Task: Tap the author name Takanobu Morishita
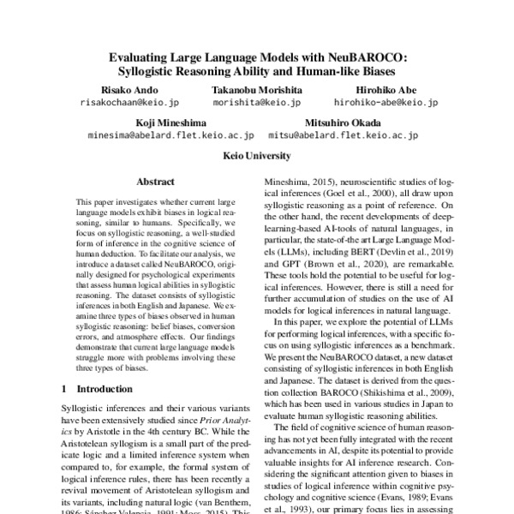click(257, 90)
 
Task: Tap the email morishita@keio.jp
click(257, 102)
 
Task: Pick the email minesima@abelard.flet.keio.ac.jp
click(171, 135)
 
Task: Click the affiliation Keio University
click(257, 156)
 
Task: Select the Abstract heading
click(155, 182)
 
